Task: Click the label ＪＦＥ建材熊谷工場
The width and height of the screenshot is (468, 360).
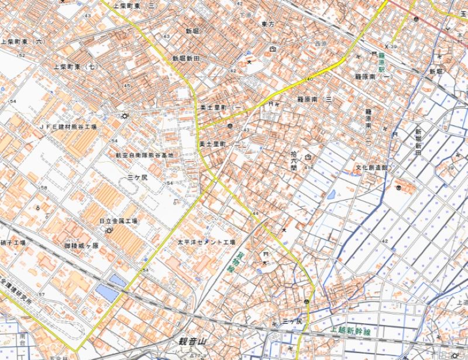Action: [x=68, y=126]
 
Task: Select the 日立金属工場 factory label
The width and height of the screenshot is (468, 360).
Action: [x=118, y=221]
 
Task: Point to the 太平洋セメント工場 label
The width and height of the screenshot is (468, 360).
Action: [x=207, y=241]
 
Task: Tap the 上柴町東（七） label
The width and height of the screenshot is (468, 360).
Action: [x=77, y=67]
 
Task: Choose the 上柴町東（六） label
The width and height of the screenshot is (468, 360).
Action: [x=23, y=42]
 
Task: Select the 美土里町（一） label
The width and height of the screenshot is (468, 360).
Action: [x=221, y=108]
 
